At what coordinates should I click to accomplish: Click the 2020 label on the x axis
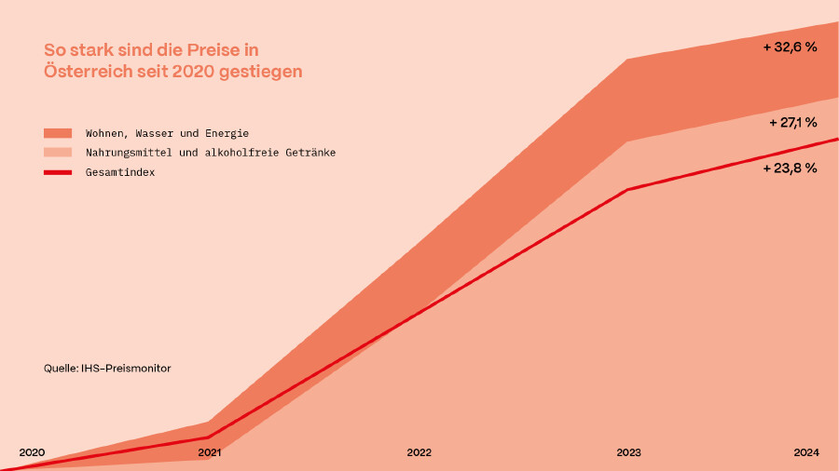point(32,452)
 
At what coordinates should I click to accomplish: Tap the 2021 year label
point(210,452)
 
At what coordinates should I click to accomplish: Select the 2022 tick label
point(419,452)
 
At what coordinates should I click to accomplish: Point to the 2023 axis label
point(629,452)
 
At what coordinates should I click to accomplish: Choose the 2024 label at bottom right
point(806,452)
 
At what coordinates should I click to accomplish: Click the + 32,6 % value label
point(790,47)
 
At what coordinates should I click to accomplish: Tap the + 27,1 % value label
point(792,122)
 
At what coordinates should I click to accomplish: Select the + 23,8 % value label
point(790,168)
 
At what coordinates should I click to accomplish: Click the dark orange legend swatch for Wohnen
point(58,133)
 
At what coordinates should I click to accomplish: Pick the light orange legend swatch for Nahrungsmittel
point(58,153)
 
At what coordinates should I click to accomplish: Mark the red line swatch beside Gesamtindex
point(58,172)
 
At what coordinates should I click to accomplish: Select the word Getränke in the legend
point(310,153)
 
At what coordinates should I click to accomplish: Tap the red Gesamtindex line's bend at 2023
point(629,190)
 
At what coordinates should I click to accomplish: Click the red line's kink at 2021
point(209,437)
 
